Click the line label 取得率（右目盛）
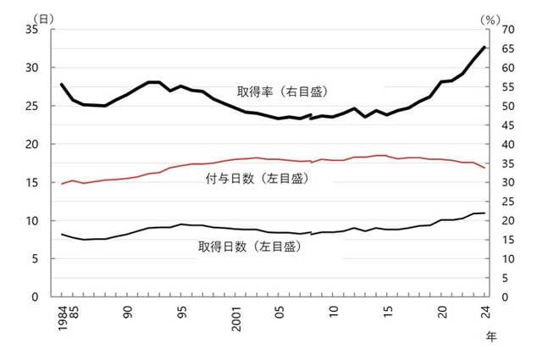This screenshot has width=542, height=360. point(283,91)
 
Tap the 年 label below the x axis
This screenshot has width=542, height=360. point(492,336)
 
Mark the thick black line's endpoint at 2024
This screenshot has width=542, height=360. point(484,47)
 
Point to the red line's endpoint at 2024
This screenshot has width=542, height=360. point(484,168)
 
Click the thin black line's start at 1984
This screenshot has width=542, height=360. point(61,234)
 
